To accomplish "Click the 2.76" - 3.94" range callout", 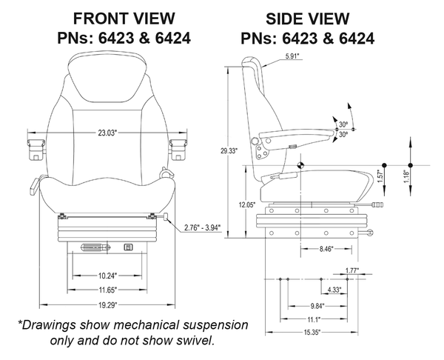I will coord(204,228).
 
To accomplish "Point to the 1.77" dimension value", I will coord(353,271).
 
